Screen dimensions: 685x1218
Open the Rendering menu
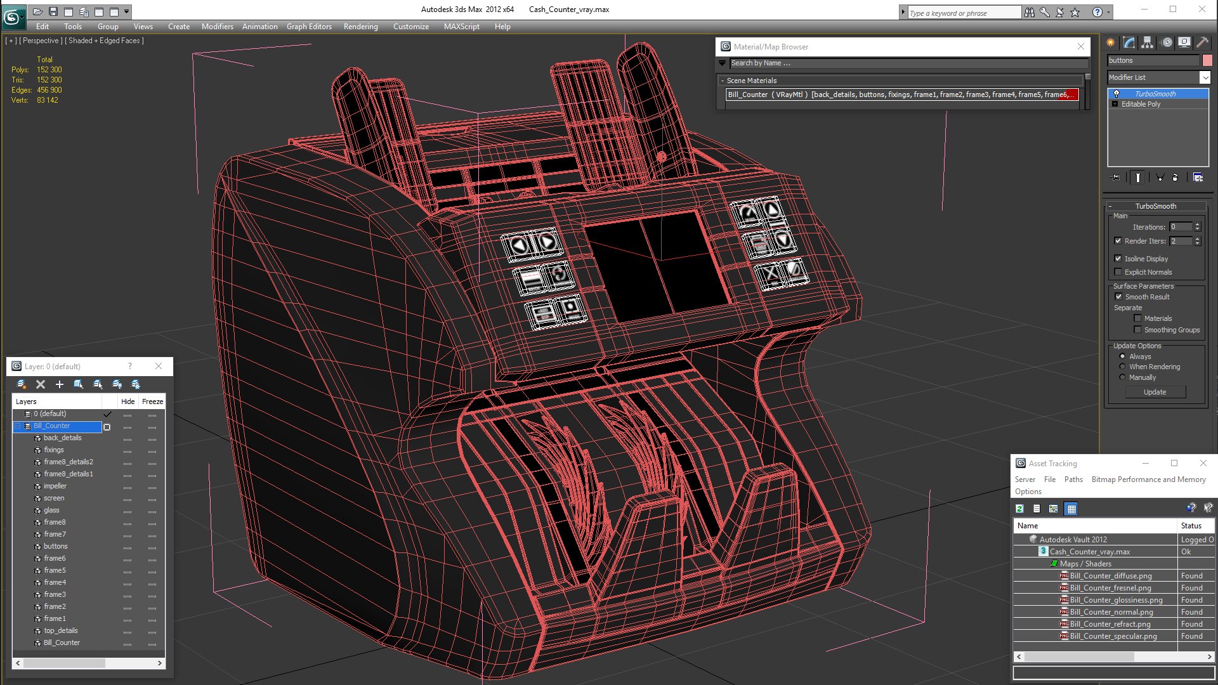pyautogui.click(x=360, y=27)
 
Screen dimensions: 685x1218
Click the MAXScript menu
pyautogui.click(x=461, y=27)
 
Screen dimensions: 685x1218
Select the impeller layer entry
pyautogui.click(x=55, y=486)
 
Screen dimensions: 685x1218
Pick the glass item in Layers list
pyautogui.click(x=51, y=511)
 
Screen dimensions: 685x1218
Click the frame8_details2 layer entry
pyautogui.click(x=69, y=462)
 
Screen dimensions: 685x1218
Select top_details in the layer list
pyautogui.click(x=61, y=631)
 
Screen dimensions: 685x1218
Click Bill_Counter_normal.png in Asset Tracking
pyautogui.click(x=1111, y=613)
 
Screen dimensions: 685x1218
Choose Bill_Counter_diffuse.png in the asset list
pyautogui.click(x=1110, y=577)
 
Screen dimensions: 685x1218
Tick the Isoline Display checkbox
pyautogui.click(x=1118, y=259)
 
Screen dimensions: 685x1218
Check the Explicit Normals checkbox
pyautogui.click(x=1118, y=272)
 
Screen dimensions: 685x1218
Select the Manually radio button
pyautogui.click(x=1123, y=378)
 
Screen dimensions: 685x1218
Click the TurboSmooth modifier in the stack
pyautogui.click(x=1155, y=94)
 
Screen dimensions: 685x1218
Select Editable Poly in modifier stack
pyautogui.click(x=1141, y=105)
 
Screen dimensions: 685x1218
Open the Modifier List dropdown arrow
pyautogui.click(x=1205, y=77)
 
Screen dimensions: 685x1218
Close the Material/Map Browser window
pyautogui.click(x=1081, y=47)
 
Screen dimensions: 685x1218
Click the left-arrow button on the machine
pyautogui.click(x=520, y=245)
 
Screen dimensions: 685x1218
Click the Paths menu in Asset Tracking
pyautogui.click(x=1073, y=480)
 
